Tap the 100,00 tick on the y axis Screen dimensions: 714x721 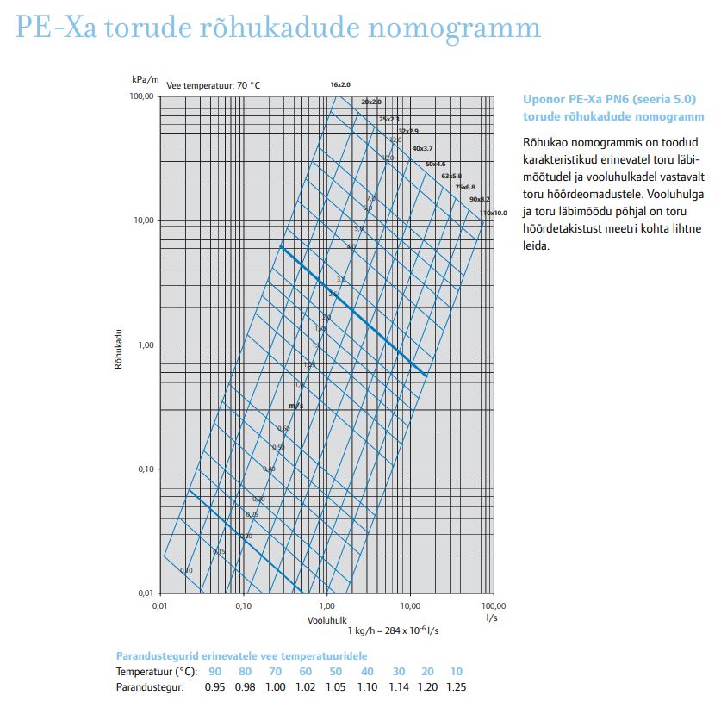tap(141, 96)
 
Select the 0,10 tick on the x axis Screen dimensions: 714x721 tap(243, 606)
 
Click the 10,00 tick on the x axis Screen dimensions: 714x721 tap(410, 606)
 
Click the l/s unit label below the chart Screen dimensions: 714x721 tap(492, 618)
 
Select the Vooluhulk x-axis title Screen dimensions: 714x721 tap(327, 619)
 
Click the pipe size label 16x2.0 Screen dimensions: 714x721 tap(340, 84)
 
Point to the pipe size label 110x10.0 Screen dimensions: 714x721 tap(494, 212)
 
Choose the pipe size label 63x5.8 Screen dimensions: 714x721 tap(451, 176)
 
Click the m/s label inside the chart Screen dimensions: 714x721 tap(295, 404)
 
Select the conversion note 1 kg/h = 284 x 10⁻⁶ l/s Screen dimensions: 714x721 tap(393, 631)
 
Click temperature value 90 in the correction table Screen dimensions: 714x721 tap(214, 671)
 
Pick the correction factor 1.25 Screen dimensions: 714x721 tap(457, 687)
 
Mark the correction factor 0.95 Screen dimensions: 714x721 tap(214, 687)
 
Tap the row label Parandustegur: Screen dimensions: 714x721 tap(150, 687)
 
